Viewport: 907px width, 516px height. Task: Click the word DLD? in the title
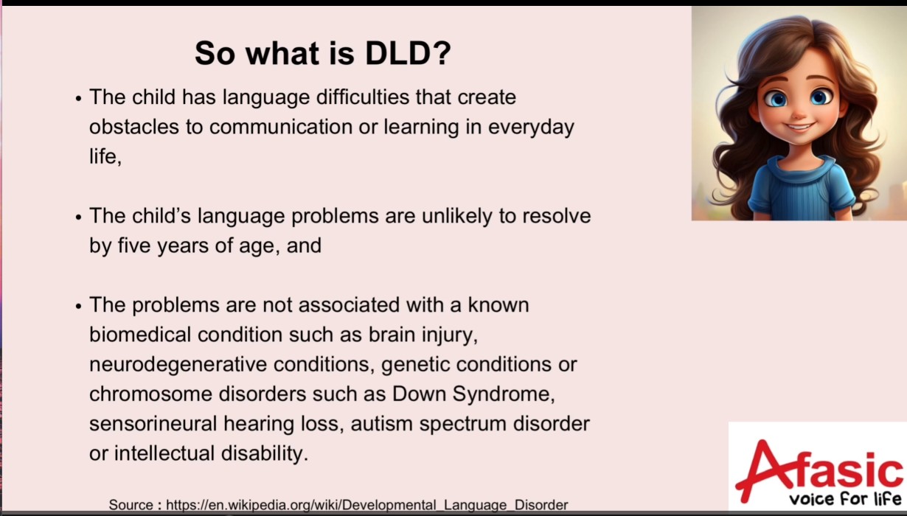point(408,53)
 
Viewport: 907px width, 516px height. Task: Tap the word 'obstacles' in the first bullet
point(134,127)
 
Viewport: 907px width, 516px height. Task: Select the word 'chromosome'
point(150,394)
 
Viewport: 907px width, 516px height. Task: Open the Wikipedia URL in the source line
point(366,505)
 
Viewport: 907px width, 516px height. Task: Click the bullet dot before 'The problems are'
point(79,306)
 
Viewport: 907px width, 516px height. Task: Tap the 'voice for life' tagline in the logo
point(846,498)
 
